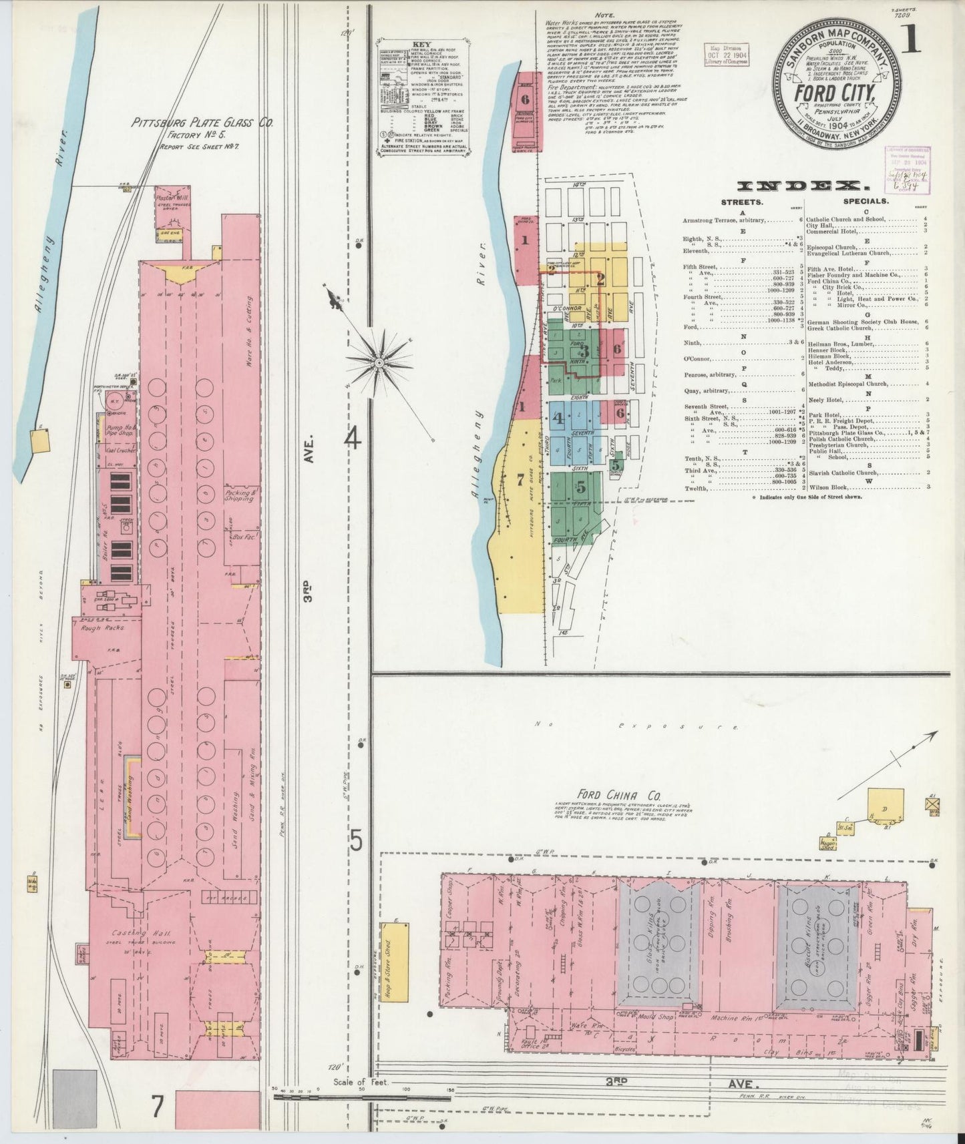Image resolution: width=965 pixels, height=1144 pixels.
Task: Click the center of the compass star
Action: coord(379,362)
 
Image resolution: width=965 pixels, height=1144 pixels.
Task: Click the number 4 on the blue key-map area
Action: coord(558,419)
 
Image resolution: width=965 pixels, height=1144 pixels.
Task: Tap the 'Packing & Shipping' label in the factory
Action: coord(239,495)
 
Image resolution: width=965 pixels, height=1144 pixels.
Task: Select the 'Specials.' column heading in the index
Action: coord(865,200)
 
